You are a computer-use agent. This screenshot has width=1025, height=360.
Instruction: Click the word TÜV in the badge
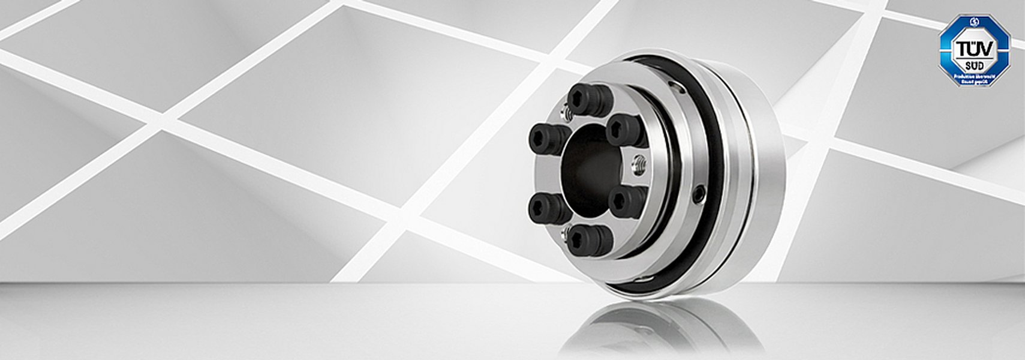(974, 48)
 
